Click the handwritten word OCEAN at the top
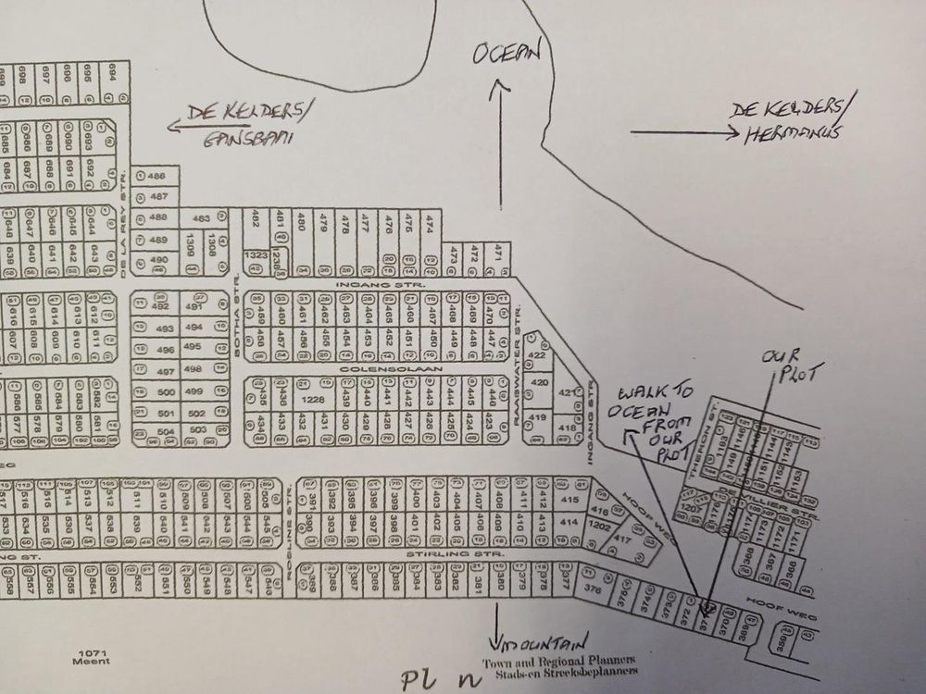pos(505,55)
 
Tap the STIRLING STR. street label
pos(457,553)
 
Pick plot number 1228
pos(313,399)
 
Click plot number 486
pos(157,176)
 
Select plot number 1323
pos(255,254)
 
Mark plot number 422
pos(535,355)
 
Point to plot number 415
pos(569,501)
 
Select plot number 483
pos(201,219)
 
